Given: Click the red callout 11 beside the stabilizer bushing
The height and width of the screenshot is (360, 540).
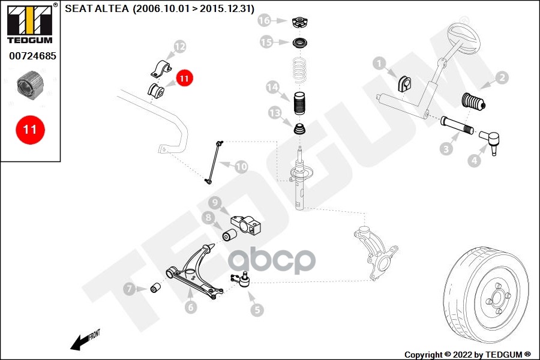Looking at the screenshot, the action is click(x=184, y=78).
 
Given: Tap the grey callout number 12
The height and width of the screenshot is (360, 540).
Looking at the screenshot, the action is click(x=180, y=46).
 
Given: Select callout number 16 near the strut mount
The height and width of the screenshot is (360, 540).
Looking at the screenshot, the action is click(x=265, y=21).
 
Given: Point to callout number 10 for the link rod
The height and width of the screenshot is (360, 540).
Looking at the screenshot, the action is click(x=241, y=166).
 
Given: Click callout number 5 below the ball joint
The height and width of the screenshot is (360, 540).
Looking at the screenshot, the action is click(x=257, y=310).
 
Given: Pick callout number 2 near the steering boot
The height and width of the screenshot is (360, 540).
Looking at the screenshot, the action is click(x=502, y=77).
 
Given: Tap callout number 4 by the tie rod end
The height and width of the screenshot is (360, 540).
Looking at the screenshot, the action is click(x=475, y=160).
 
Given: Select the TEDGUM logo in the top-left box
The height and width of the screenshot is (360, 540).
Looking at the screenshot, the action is click(x=30, y=24).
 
